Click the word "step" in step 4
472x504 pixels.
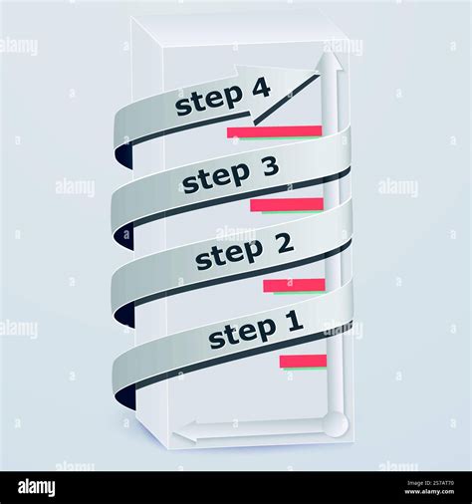[207, 101]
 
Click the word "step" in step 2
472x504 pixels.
[227, 256]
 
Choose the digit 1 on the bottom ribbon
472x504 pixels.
[293, 321]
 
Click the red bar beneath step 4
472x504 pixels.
[274, 131]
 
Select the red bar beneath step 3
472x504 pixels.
[287, 205]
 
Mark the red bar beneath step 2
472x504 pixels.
[294, 285]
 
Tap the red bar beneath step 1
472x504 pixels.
[303, 361]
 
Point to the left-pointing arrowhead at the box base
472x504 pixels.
[184, 433]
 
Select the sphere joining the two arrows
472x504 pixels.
[336, 424]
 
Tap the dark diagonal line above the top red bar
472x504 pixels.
[286, 101]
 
